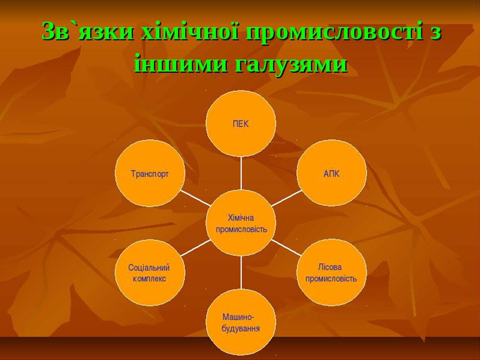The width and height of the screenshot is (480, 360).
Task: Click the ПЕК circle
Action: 241,123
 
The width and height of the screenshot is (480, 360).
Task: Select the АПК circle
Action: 331,173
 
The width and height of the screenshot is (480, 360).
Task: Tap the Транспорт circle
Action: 150,173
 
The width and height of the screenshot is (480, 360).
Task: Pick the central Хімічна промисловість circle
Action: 241,223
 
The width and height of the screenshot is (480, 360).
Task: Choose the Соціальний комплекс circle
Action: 150,273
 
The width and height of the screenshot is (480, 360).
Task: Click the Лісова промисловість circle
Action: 331,273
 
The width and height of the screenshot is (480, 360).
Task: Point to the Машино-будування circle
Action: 241,322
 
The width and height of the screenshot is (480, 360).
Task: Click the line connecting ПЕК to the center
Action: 241,173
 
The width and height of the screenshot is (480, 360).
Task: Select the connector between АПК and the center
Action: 286,198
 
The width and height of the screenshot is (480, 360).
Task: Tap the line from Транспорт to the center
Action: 195,198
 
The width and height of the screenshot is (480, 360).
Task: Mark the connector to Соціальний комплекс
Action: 195,248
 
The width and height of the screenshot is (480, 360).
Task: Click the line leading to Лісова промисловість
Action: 286,248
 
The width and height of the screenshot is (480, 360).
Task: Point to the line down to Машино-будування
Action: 241,273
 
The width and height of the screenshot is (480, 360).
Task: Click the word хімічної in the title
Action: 190,32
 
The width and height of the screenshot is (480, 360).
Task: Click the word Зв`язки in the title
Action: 88,32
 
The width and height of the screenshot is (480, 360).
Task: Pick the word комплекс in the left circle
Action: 149,279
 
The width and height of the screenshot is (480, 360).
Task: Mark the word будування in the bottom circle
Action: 241,328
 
